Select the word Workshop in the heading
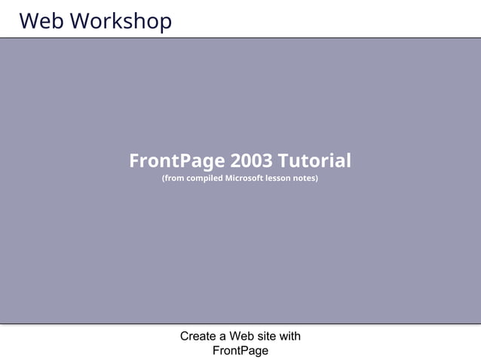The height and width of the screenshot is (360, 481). (121, 21)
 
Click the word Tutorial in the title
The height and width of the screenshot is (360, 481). (314, 160)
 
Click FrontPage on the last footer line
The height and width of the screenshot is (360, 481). (240, 350)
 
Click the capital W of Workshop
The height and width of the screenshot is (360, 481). (79, 21)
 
